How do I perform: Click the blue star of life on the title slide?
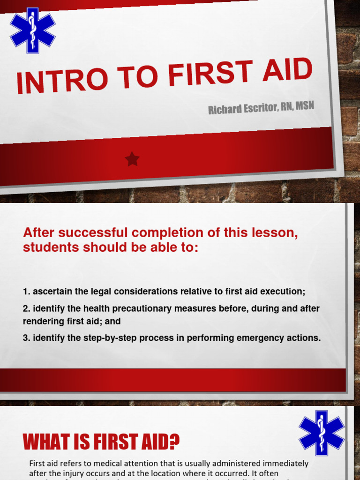32,30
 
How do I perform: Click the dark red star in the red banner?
132,160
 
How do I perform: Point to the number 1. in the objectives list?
27,292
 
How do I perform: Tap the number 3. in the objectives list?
27,338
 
